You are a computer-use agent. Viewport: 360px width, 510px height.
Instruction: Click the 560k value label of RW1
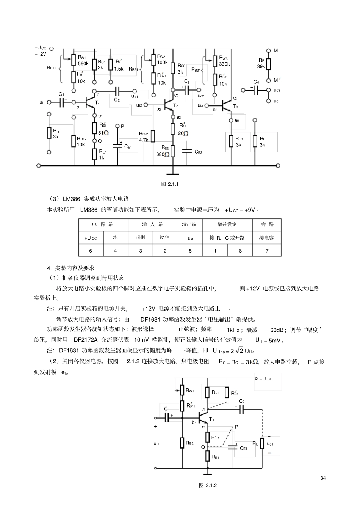point(83,64)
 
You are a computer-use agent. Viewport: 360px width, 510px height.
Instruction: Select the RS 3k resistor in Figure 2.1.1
point(49,133)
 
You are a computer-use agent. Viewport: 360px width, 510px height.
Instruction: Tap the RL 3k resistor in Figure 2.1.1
point(255,141)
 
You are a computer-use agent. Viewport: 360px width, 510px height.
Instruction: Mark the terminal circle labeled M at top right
point(269,50)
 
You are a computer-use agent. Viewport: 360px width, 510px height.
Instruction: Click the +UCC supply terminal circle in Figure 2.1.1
point(52,49)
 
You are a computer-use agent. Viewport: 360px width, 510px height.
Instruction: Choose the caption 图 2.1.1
point(170,184)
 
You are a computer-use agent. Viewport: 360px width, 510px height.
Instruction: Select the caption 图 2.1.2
point(208,485)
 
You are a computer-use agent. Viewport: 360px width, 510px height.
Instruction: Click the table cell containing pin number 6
point(91,251)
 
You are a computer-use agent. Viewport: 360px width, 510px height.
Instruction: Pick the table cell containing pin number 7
point(267,251)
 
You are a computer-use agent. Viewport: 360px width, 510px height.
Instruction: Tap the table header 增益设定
point(227,224)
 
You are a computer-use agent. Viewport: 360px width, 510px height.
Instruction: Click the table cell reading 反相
point(165,237)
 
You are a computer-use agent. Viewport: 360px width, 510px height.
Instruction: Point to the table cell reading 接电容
point(267,238)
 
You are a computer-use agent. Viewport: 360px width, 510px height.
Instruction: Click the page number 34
point(323,478)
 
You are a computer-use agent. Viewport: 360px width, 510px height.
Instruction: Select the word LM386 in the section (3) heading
point(71,199)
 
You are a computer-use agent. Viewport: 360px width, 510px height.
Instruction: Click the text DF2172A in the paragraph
point(86,340)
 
